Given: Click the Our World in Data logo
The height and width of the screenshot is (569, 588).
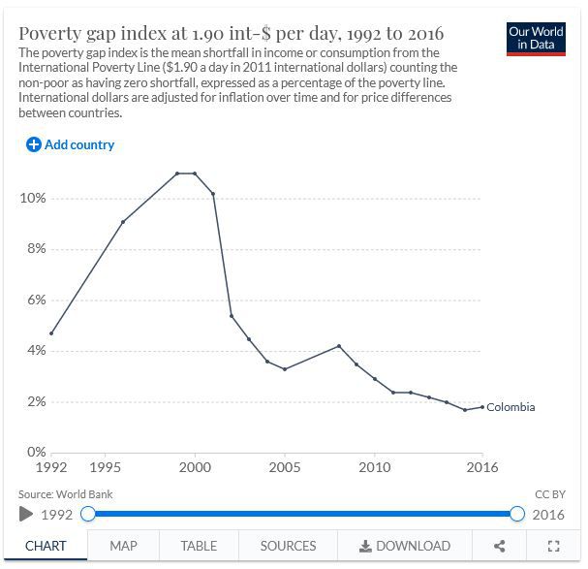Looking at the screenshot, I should point(536,38).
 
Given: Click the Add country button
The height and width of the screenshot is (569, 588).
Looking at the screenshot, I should point(71,144).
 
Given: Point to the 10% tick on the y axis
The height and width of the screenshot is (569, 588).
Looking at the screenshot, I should point(32,199).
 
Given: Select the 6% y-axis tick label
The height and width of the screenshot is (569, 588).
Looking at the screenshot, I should point(34,300).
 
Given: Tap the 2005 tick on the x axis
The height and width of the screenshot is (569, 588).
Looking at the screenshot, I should point(284,467).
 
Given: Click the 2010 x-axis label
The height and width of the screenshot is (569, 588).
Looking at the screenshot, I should point(374,467).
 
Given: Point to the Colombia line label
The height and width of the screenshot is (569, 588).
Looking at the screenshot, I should point(511,407).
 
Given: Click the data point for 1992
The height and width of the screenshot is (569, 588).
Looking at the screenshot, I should point(50,333).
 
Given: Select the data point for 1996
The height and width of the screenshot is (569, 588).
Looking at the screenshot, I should point(122,222).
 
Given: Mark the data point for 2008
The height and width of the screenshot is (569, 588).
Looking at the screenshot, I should point(338,346).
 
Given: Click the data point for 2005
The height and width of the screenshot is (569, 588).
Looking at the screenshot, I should point(284,369).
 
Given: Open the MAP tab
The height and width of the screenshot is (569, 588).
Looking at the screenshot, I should point(123,546).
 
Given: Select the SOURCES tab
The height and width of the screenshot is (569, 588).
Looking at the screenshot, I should point(288,546).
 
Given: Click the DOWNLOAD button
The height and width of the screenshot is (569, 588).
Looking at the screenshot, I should point(404,546).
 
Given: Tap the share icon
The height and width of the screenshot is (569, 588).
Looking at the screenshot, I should point(500,546).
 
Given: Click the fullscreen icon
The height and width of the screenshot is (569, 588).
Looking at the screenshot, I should point(554,546).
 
